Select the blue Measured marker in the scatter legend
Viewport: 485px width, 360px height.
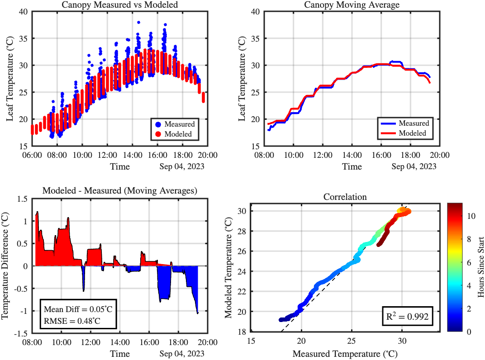click(x=158, y=124)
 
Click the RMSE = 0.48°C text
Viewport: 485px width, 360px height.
click(x=72, y=322)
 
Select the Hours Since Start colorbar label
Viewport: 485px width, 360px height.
click(x=480, y=267)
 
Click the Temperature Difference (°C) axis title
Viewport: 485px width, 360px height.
click(x=6, y=267)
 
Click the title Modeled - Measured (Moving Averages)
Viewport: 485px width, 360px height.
click(x=119, y=191)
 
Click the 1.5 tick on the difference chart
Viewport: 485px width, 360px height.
click(x=22, y=199)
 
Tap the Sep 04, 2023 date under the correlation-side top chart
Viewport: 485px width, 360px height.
click(x=414, y=166)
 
